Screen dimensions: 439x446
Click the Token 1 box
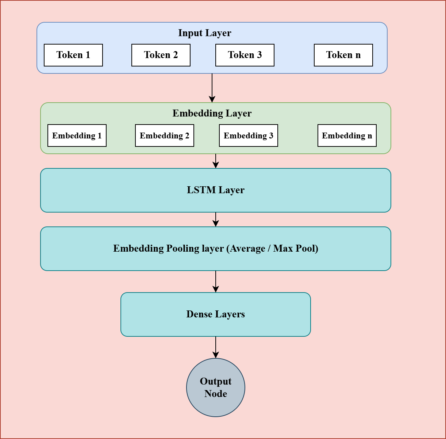[x=73, y=55]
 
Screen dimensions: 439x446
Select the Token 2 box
[x=161, y=55]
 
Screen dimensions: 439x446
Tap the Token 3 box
[x=245, y=55]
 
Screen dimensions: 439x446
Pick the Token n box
[x=343, y=55]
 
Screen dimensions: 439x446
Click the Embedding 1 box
[x=77, y=135]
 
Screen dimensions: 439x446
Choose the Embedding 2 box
[x=164, y=135]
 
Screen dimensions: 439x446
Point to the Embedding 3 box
[x=248, y=135]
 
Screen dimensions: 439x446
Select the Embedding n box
[x=347, y=135]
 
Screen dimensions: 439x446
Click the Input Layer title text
[x=204, y=33]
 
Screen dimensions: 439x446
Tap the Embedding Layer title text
[x=212, y=113]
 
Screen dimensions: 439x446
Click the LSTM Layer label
[x=215, y=190]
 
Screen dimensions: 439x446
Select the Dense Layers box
[x=215, y=314]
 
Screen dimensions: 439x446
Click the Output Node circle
[x=215, y=388]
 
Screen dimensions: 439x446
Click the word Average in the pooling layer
[x=247, y=248]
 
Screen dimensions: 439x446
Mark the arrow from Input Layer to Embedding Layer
[x=212, y=88]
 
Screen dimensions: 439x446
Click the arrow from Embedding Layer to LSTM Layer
[x=216, y=161]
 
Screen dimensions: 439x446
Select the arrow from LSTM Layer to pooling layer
[x=216, y=219]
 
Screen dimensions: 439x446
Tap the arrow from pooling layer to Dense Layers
[x=216, y=282]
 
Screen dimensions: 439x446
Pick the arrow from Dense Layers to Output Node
[x=216, y=347]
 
